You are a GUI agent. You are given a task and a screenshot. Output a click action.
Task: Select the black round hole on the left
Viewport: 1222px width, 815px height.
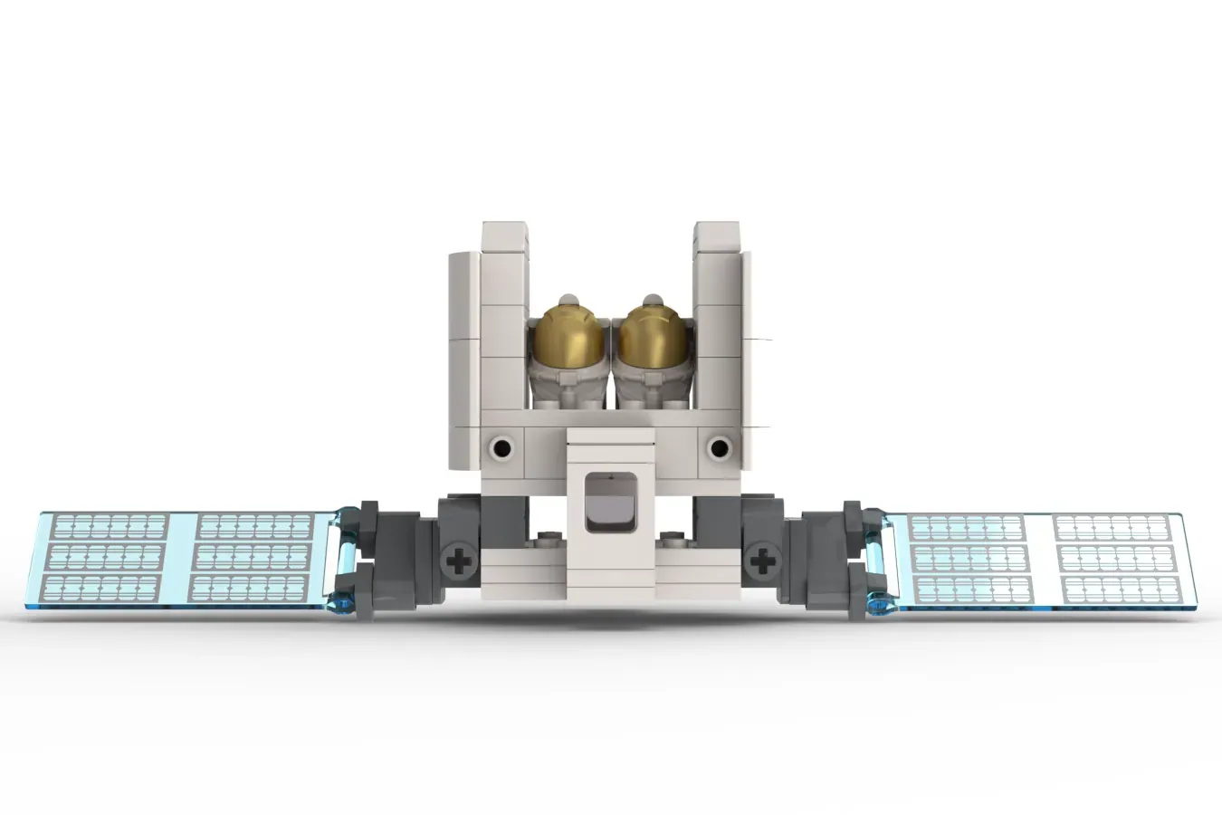[501, 446]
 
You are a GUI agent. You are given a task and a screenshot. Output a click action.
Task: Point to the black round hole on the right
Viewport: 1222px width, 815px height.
[719, 446]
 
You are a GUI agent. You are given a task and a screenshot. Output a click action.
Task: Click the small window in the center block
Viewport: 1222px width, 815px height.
[610, 501]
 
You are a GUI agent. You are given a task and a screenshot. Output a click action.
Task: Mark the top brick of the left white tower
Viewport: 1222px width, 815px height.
[504, 237]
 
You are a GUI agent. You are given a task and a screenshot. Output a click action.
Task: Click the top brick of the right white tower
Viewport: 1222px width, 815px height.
[716, 237]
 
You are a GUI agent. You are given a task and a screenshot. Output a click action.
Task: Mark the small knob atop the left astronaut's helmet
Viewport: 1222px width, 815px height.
[568, 300]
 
